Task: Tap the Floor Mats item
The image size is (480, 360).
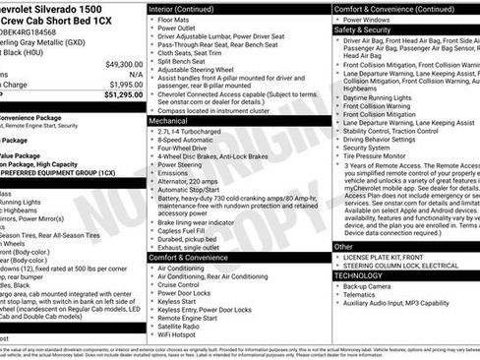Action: click(175, 20)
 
